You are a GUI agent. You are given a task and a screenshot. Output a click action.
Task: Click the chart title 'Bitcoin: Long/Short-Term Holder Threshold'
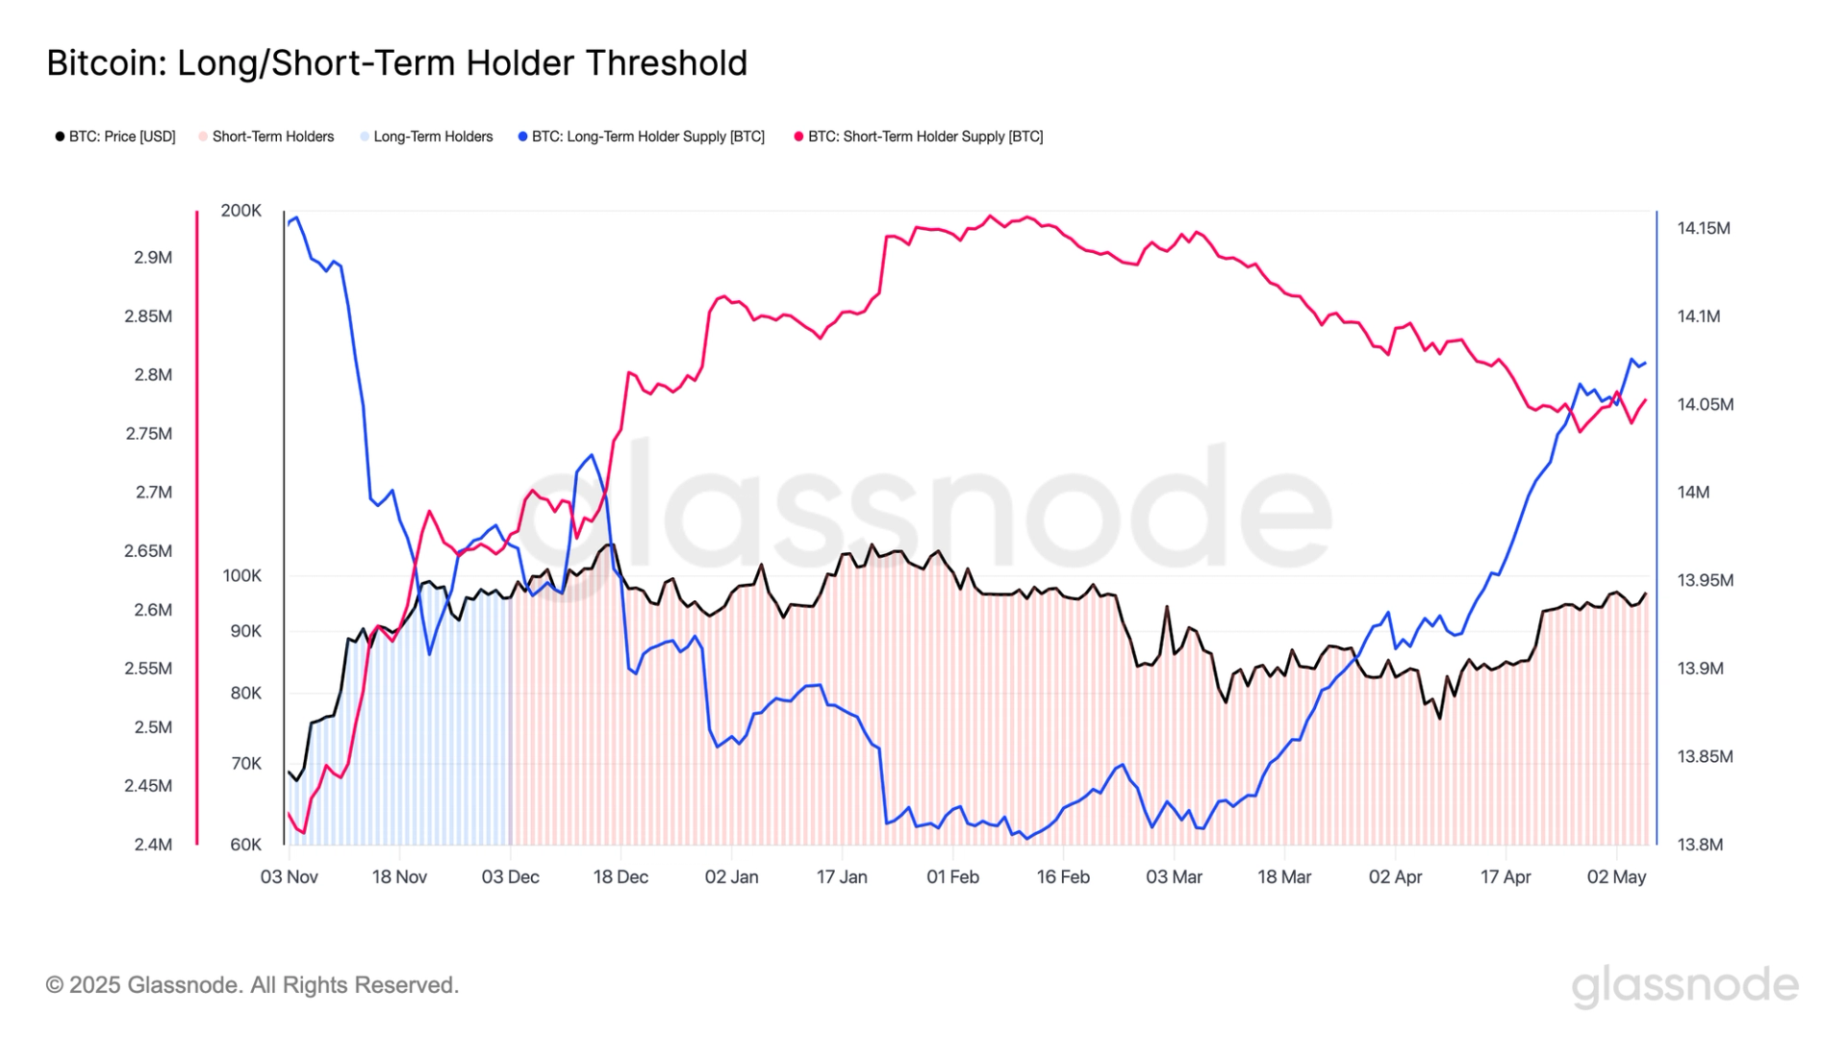(396, 63)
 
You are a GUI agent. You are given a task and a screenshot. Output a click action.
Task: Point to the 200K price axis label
(240, 211)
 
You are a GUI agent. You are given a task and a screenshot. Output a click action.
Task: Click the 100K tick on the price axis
(241, 576)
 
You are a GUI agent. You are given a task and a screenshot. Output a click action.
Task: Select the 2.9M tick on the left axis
(153, 258)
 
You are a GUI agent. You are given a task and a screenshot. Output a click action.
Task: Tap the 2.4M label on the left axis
(153, 845)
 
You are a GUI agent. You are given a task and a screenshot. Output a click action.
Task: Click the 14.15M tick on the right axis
(1704, 229)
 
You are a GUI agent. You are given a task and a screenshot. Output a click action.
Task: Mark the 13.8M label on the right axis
(1700, 845)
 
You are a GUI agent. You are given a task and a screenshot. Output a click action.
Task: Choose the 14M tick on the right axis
(1693, 493)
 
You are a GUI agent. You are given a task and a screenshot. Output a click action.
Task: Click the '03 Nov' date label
(289, 877)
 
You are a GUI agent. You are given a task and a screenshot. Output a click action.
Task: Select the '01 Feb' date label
(952, 877)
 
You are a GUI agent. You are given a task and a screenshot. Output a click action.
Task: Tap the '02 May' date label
(1616, 877)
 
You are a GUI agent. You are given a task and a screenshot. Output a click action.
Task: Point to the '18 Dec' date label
(620, 877)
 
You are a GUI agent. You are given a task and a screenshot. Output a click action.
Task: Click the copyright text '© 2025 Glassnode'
(252, 985)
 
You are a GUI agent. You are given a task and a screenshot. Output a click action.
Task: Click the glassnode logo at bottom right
(1684, 986)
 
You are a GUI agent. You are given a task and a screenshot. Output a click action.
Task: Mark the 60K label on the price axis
(245, 845)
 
